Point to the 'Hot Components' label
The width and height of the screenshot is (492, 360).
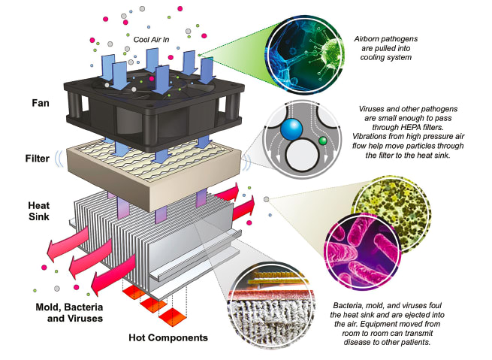(166, 337)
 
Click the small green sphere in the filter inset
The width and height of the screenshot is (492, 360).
(321, 140)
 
